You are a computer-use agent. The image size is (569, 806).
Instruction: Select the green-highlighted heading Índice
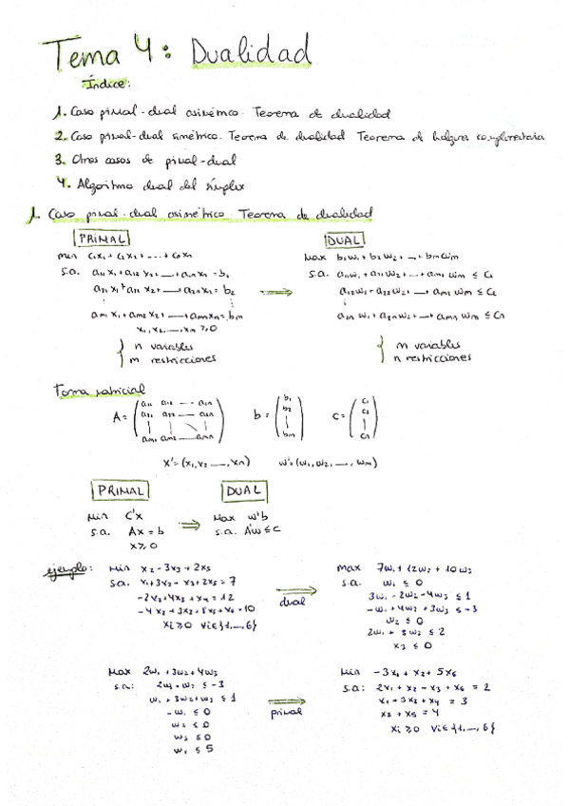coord(105,85)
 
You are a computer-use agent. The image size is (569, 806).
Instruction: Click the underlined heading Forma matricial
coord(99,390)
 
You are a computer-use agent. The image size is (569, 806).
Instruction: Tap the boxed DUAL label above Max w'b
coord(244,490)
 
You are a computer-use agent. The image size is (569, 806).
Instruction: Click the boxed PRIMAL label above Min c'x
coord(121,490)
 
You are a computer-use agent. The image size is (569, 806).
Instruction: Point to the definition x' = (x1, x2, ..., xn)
coord(206,462)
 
